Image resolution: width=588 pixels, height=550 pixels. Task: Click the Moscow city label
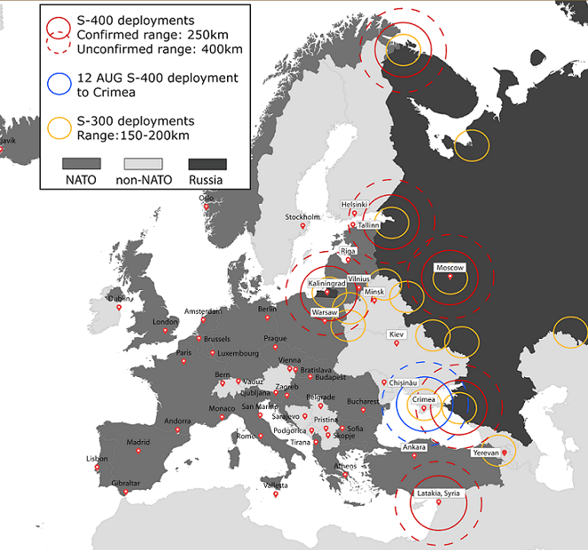tap(450, 268)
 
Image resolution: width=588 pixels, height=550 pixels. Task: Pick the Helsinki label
tap(355, 204)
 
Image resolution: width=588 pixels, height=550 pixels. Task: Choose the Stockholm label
tap(302, 217)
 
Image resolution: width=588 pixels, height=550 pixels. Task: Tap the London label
tap(166, 322)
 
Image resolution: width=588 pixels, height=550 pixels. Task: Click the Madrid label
tap(137, 442)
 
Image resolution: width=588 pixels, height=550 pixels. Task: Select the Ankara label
tap(415, 447)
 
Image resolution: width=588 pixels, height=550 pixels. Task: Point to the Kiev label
tap(397, 334)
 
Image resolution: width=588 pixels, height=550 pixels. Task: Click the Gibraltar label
tap(125, 483)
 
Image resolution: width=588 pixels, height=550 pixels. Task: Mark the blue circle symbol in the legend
tap(58, 84)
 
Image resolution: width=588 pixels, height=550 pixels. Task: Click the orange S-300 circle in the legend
tap(58, 127)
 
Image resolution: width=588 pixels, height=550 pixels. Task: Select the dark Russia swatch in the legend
tap(208, 164)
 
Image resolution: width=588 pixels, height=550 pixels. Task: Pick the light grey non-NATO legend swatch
tap(143, 164)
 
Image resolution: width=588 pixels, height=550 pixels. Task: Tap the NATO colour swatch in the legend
tap(81, 164)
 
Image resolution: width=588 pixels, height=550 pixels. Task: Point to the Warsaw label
tap(325, 313)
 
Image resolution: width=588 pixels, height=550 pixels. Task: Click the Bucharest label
tap(363, 401)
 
